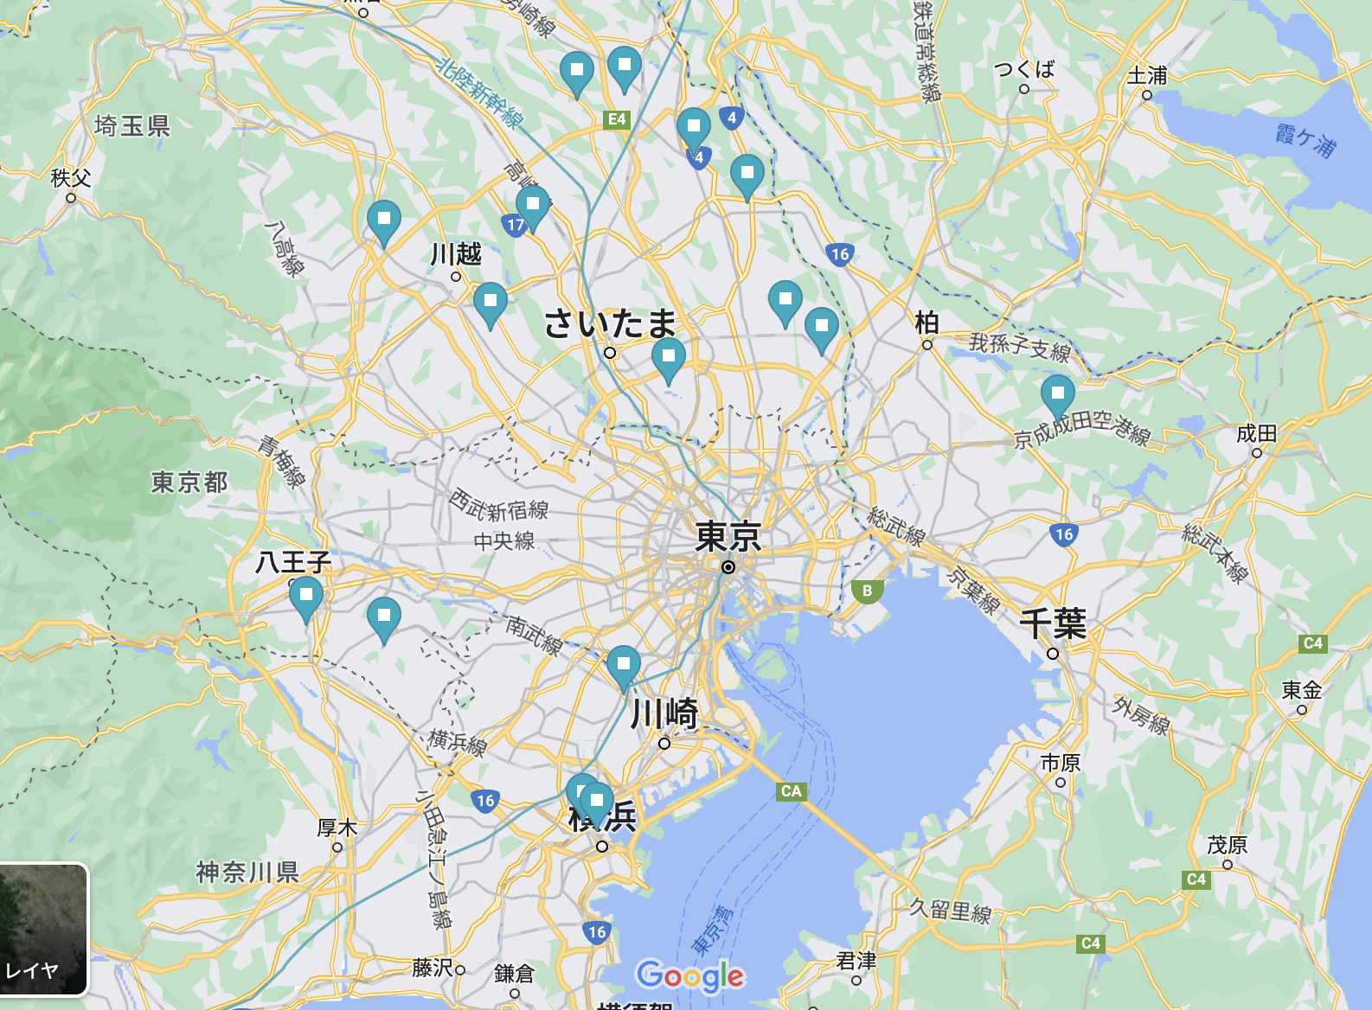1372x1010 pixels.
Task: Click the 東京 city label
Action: (728, 536)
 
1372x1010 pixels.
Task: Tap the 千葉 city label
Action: (1053, 623)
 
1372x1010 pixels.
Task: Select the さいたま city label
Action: (610, 324)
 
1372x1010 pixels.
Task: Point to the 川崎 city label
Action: (664, 714)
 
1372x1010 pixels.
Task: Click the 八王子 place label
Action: (293, 563)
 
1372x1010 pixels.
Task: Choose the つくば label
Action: (1024, 69)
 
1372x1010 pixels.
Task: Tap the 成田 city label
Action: (1256, 433)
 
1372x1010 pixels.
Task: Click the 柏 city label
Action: (926, 323)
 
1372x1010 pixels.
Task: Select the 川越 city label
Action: (456, 254)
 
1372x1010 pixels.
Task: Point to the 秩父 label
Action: (71, 178)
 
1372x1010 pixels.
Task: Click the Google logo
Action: (690, 976)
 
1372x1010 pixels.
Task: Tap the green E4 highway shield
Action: (617, 119)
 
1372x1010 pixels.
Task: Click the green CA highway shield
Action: (791, 790)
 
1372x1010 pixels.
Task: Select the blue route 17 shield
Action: (515, 225)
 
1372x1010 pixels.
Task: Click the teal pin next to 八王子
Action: (305, 597)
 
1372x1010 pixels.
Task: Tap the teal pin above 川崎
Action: (624, 666)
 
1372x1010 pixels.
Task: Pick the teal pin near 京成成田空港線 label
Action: (1057, 395)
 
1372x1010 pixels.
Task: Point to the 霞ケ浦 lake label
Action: (1305, 140)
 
